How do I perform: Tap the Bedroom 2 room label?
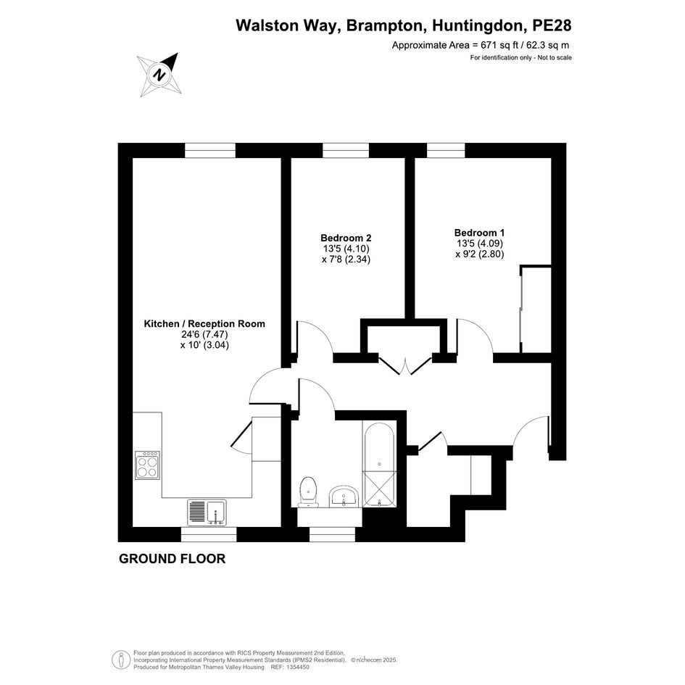[346, 238]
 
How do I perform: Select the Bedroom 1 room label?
[479, 233]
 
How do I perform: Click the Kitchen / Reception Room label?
[204, 324]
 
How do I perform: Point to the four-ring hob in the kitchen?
[147, 465]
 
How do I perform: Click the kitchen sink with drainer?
[207, 513]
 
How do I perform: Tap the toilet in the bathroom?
[308, 491]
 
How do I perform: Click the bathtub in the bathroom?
[379, 465]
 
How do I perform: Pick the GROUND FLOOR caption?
[172, 559]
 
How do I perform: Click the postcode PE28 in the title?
[552, 25]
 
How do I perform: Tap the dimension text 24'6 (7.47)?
[205, 334]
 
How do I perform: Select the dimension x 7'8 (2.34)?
[346, 260]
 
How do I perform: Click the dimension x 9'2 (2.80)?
[480, 254]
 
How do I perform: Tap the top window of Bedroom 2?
[346, 150]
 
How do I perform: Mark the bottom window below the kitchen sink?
[209, 534]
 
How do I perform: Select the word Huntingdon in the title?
[478, 25]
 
